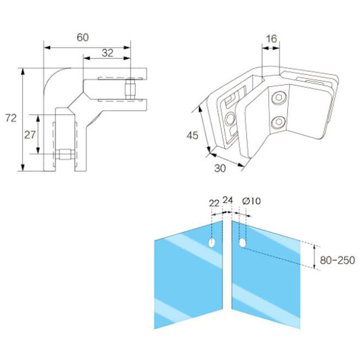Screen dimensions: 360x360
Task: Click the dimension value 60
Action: click(x=83, y=37)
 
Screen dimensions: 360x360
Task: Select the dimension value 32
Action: click(x=106, y=53)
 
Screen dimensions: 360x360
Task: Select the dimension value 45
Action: click(x=192, y=135)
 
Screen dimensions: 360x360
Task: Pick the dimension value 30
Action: click(x=219, y=168)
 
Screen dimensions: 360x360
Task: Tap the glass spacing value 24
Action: click(x=228, y=200)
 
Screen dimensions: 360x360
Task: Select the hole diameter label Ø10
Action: click(x=251, y=201)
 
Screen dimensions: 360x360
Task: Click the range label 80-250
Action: click(x=337, y=260)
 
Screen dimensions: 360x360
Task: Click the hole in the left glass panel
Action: click(x=212, y=242)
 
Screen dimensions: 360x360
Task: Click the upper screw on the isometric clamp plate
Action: click(x=279, y=99)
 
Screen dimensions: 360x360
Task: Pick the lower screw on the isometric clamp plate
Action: click(x=279, y=122)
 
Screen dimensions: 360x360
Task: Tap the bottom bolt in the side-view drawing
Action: click(x=64, y=154)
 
